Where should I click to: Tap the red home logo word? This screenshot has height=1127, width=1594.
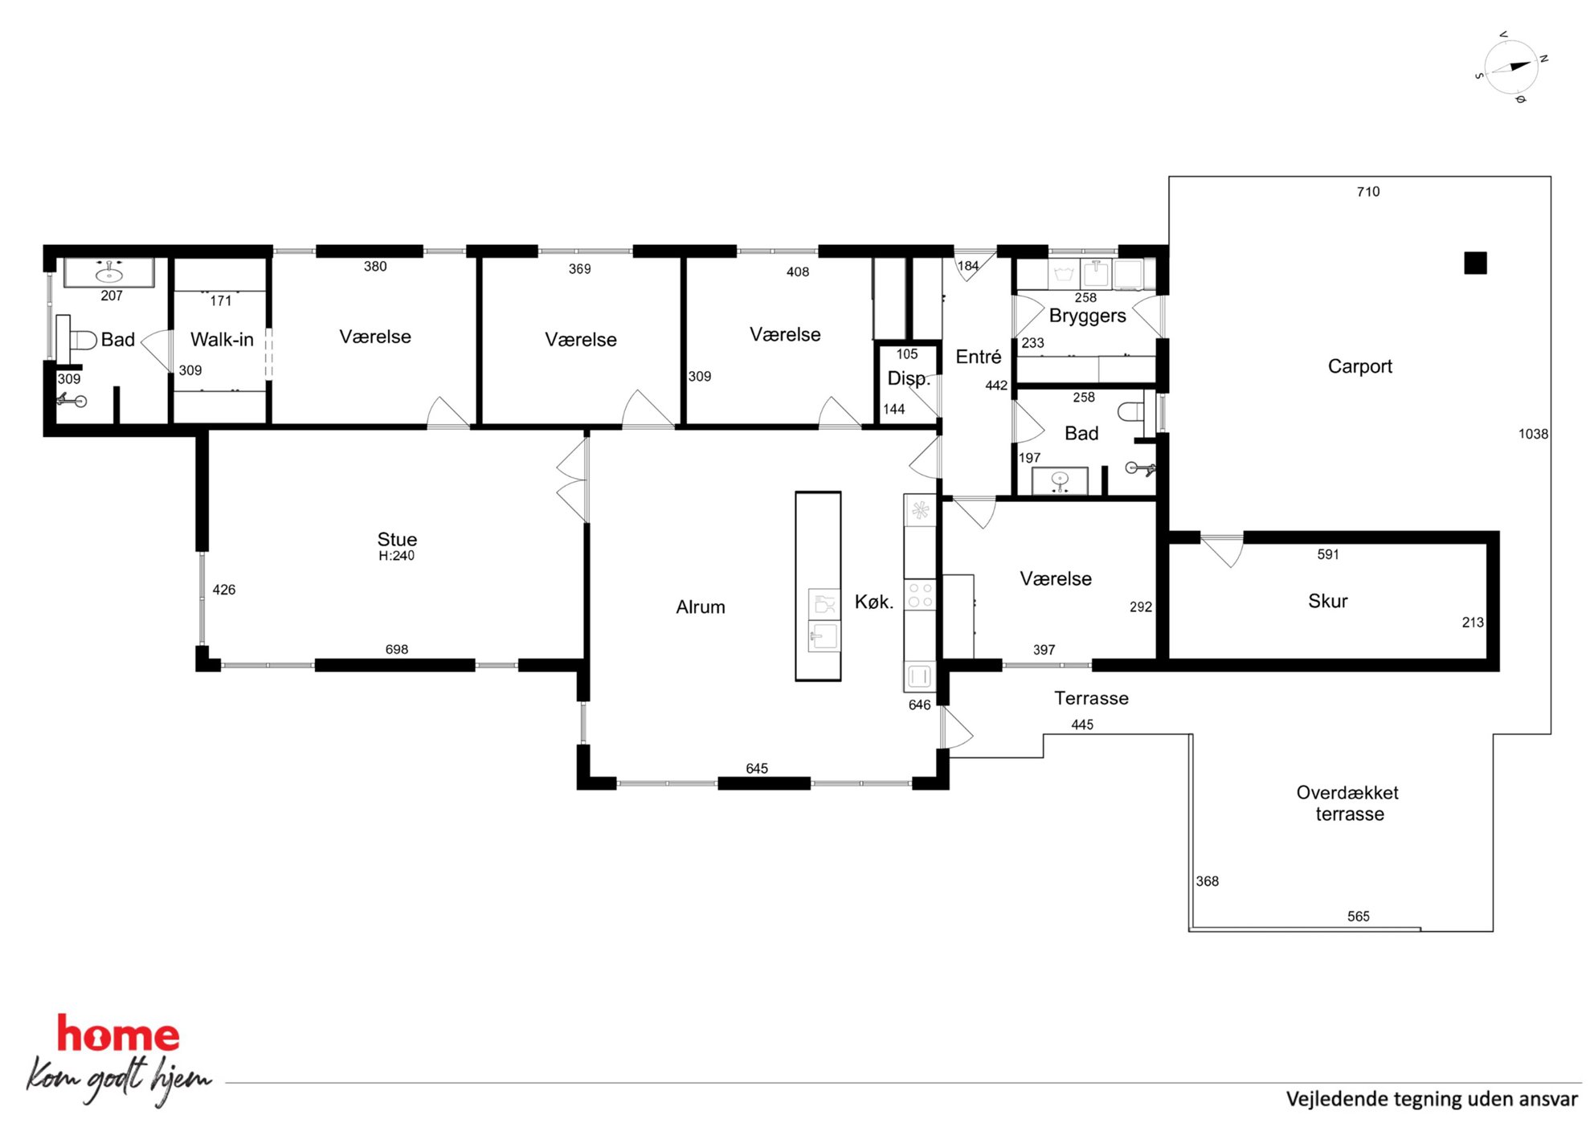tap(118, 1034)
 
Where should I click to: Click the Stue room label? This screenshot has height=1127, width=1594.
tap(397, 539)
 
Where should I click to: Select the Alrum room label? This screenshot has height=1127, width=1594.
tap(701, 607)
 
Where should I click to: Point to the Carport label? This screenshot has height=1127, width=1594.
tap(1360, 366)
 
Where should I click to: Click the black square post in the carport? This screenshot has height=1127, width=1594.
tap(1475, 263)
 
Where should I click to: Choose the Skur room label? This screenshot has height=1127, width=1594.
tap(1328, 601)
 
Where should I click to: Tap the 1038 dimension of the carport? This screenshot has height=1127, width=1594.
tap(1533, 434)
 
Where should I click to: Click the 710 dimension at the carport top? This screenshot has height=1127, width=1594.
tap(1368, 191)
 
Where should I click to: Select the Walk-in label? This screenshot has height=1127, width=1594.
tap(222, 340)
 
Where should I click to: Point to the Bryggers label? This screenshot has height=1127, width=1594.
tap(1087, 316)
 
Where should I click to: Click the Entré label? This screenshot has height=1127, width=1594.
tap(979, 357)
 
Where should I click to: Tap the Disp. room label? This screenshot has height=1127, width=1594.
tap(909, 379)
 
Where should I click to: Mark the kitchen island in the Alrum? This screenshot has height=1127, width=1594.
tap(818, 586)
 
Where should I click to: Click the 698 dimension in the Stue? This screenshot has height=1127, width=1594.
tap(397, 649)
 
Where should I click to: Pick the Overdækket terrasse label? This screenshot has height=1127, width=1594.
tap(1348, 803)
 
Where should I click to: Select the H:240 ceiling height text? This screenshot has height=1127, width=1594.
tap(397, 556)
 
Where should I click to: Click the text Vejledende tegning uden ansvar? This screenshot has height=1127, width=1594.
tap(1432, 1099)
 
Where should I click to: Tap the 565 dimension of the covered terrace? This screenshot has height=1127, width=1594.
tap(1359, 917)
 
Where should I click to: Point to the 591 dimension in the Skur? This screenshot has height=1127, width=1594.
tap(1328, 554)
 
